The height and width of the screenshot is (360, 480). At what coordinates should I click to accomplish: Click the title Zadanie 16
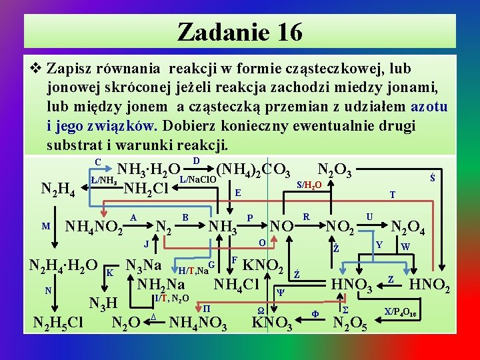[x=240, y=31]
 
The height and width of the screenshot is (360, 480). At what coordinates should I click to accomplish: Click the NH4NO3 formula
[x=199, y=324]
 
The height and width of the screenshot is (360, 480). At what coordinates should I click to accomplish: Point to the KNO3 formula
[x=272, y=324]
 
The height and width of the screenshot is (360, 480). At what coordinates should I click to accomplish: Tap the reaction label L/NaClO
[x=197, y=180]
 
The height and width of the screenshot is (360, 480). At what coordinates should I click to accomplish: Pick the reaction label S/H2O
[x=309, y=184]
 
